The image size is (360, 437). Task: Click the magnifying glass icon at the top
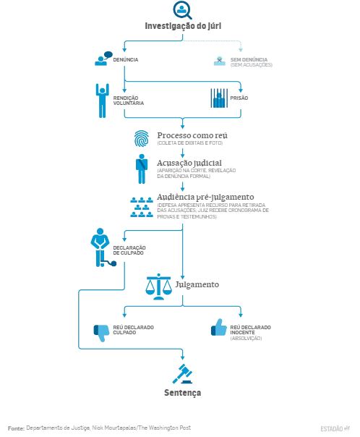(x=182, y=10)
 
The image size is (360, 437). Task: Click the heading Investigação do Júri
(x=183, y=26)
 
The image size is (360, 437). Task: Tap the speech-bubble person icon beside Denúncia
(x=103, y=59)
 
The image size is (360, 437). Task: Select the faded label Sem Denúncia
(x=249, y=59)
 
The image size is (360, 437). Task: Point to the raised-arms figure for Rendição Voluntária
(x=102, y=101)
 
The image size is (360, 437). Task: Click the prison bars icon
(x=219, y=98)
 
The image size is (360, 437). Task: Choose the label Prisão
(x=239, y=98)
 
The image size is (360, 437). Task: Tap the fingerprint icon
(x=142, y=138)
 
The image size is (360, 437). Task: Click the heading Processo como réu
(x=192, y=135)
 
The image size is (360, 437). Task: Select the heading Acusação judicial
(x=189, y=163)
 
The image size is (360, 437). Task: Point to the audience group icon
(x=142, y=207)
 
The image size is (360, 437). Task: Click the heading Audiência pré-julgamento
(x=205, y=197)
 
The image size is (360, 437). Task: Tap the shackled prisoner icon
(x=103, y=247)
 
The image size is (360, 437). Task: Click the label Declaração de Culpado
(x=129, y=250)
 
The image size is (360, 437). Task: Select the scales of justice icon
(x=158, y=287)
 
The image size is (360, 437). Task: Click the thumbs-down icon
(x=101, y=332)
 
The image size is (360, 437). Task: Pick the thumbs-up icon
(x=219, y=328)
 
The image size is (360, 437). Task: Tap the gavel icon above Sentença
(x=182, y=374)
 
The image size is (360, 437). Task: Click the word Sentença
(x=182, y=393)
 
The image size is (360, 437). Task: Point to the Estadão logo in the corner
(x=335, y=428)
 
